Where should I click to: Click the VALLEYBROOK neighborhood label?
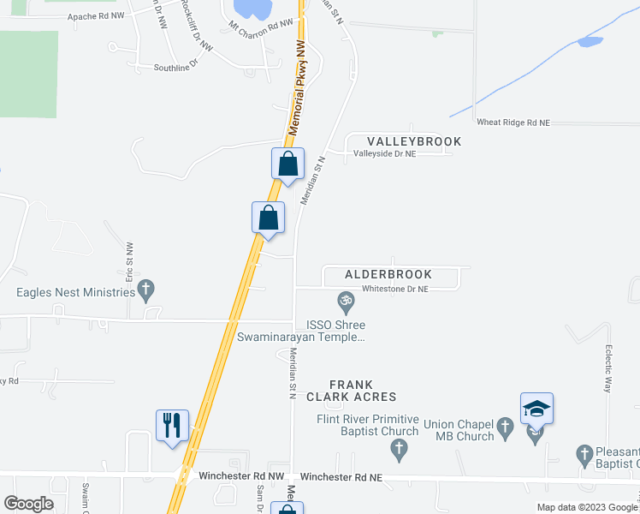click(x=414, y=141)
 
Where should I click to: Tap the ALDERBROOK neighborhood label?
click(x=388, y=275)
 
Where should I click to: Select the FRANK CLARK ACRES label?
click(x=364, y=391)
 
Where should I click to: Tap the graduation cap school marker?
click(x=536, y=409)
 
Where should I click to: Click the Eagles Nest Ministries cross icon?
click(x=146, y=292)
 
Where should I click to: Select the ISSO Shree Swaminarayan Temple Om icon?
click(x=346, y=302)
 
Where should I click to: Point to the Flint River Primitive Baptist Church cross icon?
click(x=398, y=448)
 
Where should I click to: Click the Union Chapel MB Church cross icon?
click(x=505, y=425)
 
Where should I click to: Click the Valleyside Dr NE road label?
click(x=384, y=153)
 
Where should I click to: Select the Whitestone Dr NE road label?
click(x=394, y=290)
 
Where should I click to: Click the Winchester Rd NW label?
click(x=240, y=475)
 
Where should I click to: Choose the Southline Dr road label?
click(x=175, y=67)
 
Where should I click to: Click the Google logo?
click(x=28, y=504)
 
